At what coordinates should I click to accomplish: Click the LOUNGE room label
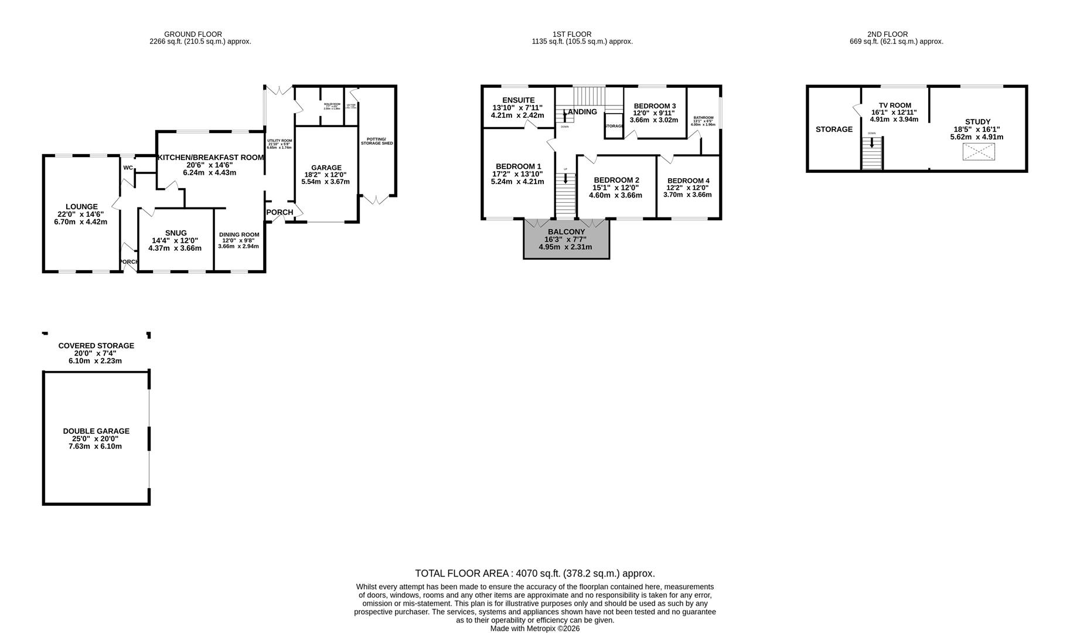(x=81, y=207)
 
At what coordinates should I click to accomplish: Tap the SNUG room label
(x=175, y=233)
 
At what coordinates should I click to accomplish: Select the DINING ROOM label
(x=239, y=234)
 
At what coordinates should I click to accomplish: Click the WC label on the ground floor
(x=128, y=168)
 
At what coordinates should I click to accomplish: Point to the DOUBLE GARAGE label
(x=96, y=431)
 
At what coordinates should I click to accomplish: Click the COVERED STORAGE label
(x=96, y=346)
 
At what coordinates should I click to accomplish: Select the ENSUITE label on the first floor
(x=518, y=100)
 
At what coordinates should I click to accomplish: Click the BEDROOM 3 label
(x=655, y=106)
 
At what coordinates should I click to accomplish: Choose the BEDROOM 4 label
(x=688, y=181)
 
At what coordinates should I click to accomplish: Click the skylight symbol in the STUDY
(x=979, y=152)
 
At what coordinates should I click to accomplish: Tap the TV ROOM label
(x=895, y=105)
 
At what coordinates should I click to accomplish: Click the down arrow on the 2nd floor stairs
(x=872, y=142)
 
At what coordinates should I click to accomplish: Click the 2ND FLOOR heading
(x=887, y=35)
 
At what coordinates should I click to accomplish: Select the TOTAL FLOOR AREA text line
(x=534, y=574)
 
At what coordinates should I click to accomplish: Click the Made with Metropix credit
(x=534, y=628)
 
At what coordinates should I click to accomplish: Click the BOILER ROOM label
(x=332, y=104)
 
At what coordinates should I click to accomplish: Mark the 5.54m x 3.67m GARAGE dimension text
(x=325, y=182)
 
